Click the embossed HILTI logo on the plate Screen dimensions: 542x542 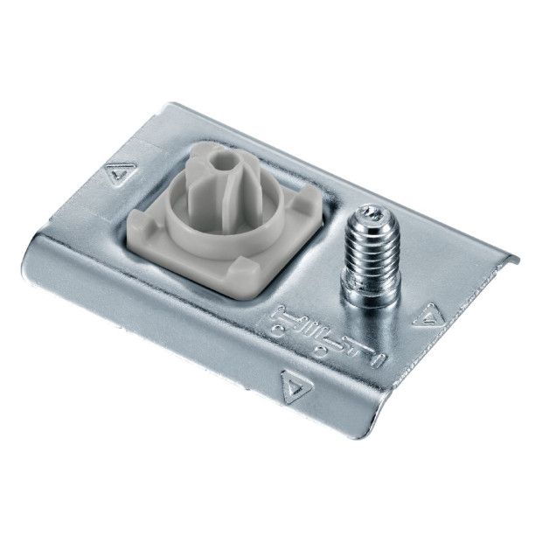(330, 336)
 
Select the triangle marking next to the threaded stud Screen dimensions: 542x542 (429, 316)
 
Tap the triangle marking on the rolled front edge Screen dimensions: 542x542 (296, 386)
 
